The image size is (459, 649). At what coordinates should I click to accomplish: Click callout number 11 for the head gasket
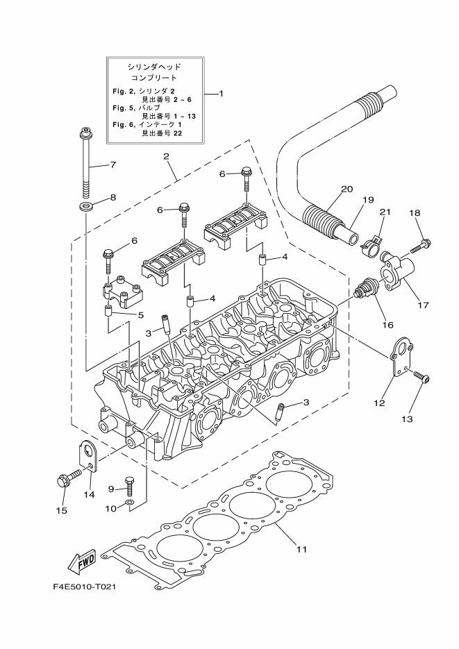click(x=301, y=550)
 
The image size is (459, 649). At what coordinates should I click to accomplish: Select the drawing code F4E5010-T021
click(x=84, y=587)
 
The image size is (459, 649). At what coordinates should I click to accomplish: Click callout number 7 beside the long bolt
click(x=112, y=165)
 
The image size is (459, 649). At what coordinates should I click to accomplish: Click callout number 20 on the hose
click(x=347, y=189)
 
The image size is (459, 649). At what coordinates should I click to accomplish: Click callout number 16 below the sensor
click(x=387, y=323)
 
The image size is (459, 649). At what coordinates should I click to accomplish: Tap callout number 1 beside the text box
click(x=221, y=93)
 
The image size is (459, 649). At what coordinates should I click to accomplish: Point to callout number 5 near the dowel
click(x=140, y=314)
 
